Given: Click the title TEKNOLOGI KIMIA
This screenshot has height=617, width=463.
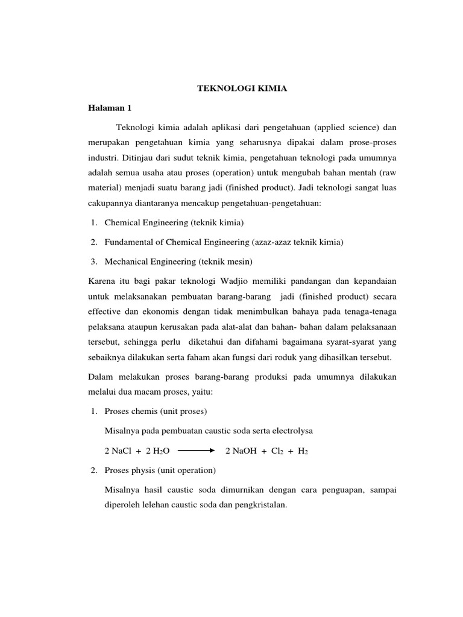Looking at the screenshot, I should point(235,89).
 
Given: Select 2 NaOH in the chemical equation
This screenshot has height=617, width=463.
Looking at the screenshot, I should point(240,451).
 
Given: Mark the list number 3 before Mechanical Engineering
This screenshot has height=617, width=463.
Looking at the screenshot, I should point(94,262).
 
